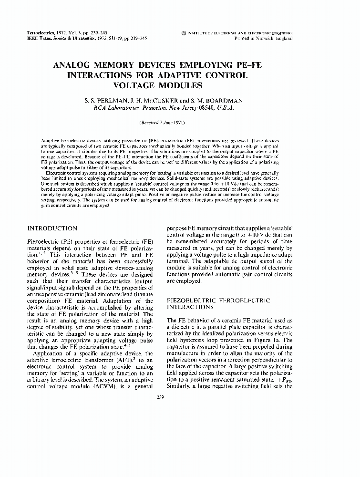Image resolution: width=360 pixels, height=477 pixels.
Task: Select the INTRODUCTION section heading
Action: click(52, 228)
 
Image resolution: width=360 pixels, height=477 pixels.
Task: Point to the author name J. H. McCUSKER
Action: click(151, 101)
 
